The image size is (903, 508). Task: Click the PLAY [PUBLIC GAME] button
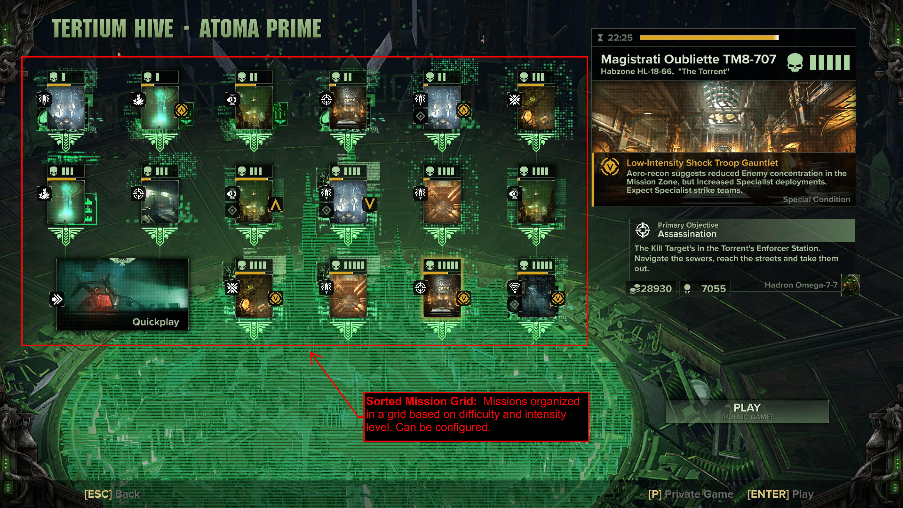point(747,411)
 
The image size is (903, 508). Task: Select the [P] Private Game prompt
point(691,494)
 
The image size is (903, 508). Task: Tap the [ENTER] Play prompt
point(780,494)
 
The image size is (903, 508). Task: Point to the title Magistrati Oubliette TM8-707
point(688,59)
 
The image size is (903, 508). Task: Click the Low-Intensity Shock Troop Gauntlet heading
point(702,163)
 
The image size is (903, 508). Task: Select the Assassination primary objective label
point(687,234)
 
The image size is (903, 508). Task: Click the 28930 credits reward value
point(656,289)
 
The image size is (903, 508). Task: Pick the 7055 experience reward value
point(713,289)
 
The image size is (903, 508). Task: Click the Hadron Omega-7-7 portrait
point(850,285)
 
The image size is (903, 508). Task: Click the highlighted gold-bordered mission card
point(442,295)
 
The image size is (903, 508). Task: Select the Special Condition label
point(816,200)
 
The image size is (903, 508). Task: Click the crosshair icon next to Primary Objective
point(642,230)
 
